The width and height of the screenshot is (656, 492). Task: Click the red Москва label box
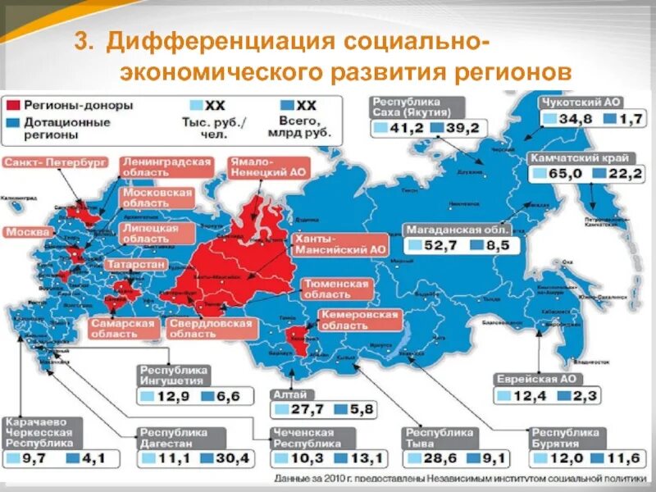click(28, 232)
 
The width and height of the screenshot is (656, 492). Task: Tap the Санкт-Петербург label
click(54, 162)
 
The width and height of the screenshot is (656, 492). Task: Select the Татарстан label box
click(136, 264)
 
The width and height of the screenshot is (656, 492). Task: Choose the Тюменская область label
click(335, 289)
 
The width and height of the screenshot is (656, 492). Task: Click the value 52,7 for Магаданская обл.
click(436, 245)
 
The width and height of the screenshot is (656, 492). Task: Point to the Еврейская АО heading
click(534, 379)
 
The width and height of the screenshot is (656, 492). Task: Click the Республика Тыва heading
click(439, 438)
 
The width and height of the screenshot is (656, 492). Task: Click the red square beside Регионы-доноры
click(12, 106)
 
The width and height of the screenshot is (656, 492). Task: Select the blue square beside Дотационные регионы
click(12, 122)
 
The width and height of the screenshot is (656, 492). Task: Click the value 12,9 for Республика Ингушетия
click(168, 397)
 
